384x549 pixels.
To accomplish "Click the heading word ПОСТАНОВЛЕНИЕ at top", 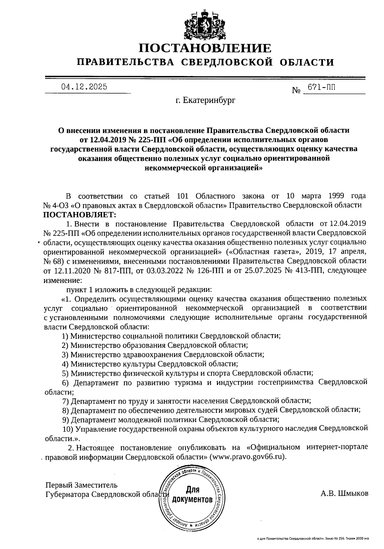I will [x=205, y=48].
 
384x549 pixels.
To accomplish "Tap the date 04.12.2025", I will [x=84, y=87].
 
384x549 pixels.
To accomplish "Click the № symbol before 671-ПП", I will [x=296, y=91].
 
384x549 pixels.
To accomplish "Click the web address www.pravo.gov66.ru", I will [x=246, y=457].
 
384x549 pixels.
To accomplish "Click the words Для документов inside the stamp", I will [x=192, y=494].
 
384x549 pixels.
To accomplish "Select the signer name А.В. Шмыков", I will [x=344, y=493].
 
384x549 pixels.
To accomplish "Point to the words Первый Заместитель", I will [x=81, y=485].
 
